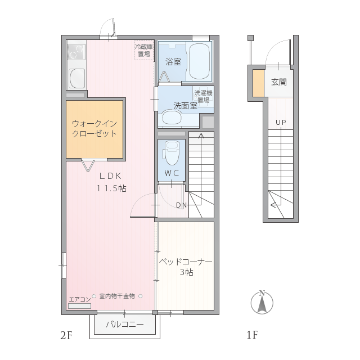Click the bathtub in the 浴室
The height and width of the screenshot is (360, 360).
pos(199,61)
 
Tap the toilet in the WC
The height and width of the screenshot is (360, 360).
pos(171,153)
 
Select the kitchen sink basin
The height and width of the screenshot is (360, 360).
pos(77,78)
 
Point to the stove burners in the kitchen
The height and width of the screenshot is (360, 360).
pos(76,52)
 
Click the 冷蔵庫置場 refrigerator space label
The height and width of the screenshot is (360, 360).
pos(144,50)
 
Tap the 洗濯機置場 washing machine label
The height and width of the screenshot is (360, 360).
pos(203,96)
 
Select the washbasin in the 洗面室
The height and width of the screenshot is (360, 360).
pos(172,118)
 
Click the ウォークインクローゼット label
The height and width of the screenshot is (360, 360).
pos(94,129)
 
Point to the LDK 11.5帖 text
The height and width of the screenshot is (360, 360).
pos(111,182)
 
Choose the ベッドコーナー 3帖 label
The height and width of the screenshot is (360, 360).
pos(186,267)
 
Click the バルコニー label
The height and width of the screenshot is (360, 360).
pos(125,324)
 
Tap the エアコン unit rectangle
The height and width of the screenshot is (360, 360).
pos(79,306)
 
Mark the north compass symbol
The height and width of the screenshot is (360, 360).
pos(262,303)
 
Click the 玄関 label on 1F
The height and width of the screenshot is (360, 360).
pos(279,82)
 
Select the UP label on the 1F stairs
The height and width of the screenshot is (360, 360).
pos(281,123)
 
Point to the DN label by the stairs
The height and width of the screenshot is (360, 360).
pos(181,205)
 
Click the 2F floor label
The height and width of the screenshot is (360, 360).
pos(66,335)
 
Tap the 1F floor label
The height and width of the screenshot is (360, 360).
pos(252,335)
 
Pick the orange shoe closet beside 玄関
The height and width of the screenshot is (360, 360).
pos(258,83)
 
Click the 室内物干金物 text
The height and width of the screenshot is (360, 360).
pos(117,296)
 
